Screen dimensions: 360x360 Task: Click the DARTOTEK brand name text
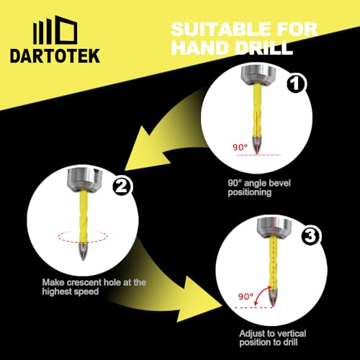(x=55, y=56)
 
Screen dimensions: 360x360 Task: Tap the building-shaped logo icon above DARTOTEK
(x=55, y=30)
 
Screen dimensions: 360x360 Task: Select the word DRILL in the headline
(x=264, y=48)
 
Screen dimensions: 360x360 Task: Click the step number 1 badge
(x=295, y=84)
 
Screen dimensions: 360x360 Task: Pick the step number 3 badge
(x=310, y=236)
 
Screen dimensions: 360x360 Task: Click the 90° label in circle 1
(x=240, y=147)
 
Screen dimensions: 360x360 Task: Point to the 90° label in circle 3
(x=246, y=297)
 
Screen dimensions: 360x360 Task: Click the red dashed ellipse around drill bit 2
(x=82, y=242)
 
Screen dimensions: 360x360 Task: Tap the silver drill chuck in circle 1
(x=258, y=74)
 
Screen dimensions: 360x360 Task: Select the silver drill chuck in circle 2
(x=84, y=179)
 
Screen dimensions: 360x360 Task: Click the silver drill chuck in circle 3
(x=274, y=228)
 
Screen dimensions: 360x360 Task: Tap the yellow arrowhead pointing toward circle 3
(x=197, y=302)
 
